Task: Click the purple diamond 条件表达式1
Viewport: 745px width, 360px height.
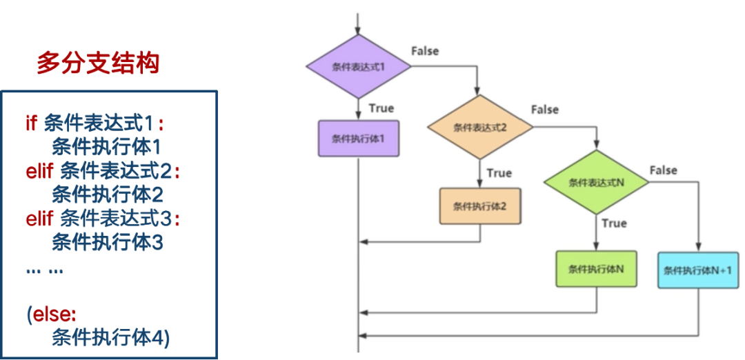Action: click(x=358, y=67)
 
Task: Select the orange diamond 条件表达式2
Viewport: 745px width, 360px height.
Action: click(x=480, y=127)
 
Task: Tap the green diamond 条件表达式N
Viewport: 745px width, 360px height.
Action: click(x=596, y=182)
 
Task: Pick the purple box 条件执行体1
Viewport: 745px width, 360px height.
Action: click(x=358, y=139)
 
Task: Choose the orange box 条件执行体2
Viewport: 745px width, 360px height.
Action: click(x=480, y=206)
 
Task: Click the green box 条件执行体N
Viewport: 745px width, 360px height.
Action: click(x=596, y=269)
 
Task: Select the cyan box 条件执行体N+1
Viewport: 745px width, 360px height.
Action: click(x=699, y=270)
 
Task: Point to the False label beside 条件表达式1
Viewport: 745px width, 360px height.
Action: click(x=425, y=51)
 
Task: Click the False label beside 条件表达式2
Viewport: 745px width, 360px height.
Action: click(x=545, y=110)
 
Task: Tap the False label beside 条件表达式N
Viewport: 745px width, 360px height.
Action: click(x=664, y=170)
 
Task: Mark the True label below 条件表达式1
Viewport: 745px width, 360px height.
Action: click(x=381, y=108)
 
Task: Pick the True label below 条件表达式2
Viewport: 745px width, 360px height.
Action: click(x=499, y=173)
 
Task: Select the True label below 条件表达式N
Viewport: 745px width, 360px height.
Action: click(x=614, y=223)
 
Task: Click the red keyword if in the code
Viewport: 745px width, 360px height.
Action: click(x=31, y=123)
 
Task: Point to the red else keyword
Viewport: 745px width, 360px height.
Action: click(x=54, y=315)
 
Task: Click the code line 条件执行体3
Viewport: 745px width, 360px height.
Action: click(x=107, y=243)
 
